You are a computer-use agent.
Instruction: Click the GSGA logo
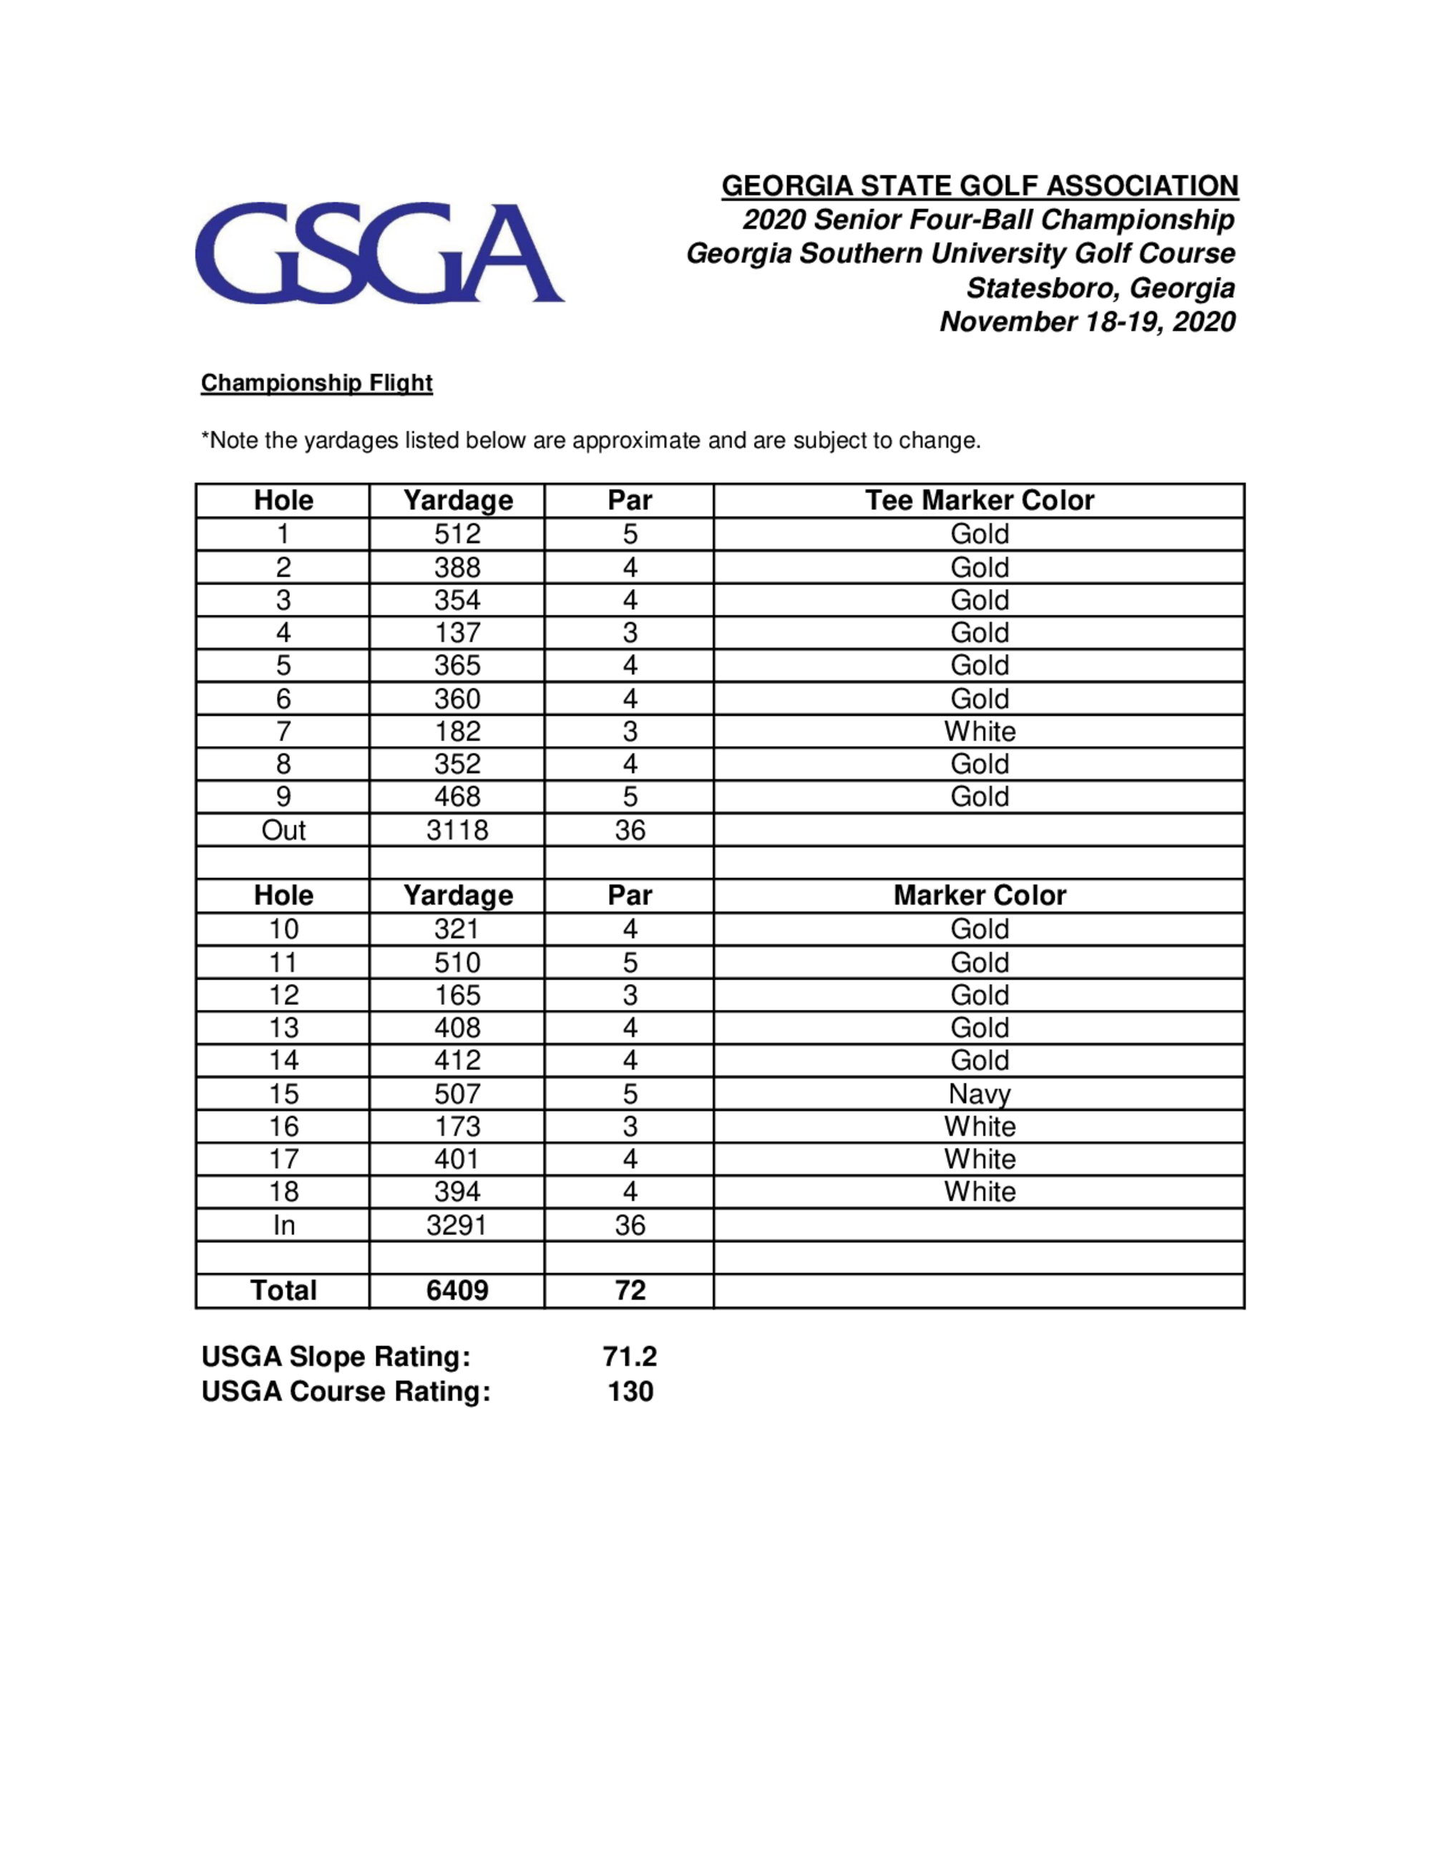coord(379,252)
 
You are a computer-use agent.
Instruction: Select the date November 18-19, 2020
coord(1087,321)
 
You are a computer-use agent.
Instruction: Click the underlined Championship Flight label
coord(316,384)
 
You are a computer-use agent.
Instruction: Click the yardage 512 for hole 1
coord(457,535)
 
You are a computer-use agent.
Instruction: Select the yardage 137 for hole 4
coord(457,633)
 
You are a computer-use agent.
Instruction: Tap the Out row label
coord(283,829)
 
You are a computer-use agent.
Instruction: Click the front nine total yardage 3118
coord(457,829)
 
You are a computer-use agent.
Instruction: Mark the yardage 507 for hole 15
coord(457,1094)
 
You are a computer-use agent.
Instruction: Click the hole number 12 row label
coord(283,995)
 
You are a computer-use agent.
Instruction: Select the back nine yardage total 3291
coord(457,1225)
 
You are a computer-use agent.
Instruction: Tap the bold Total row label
coord(283,1291)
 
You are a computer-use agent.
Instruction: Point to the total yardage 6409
coord(457,1291)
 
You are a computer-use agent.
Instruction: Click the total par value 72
coord(630,1291)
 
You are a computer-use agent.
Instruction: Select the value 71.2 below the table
coord(630,1357)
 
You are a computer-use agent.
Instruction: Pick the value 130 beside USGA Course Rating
coord(630,1392)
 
